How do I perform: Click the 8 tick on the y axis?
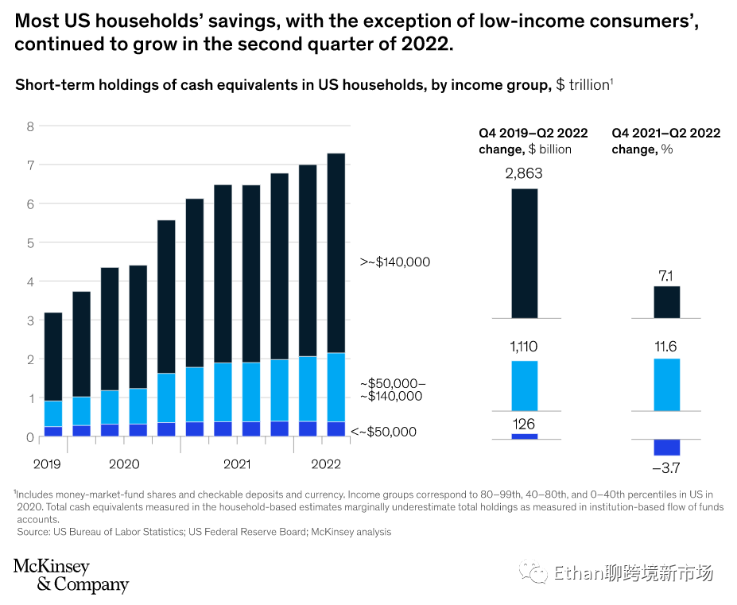31,126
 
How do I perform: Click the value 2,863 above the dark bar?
523,173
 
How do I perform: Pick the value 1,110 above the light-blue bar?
524,347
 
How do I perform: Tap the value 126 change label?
524,424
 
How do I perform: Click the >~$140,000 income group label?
395,262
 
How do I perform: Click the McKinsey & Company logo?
71,576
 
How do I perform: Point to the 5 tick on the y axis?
31,243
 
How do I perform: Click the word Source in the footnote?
33,532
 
